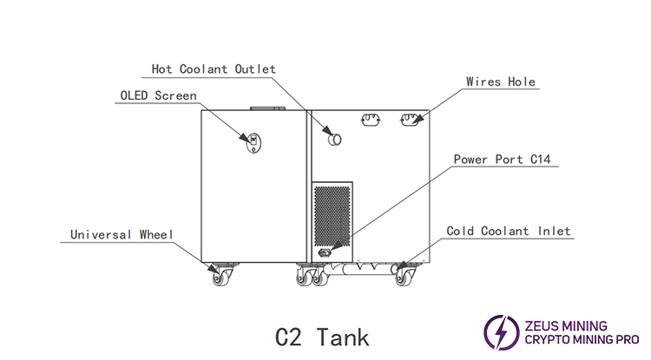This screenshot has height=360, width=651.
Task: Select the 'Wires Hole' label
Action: (x=500, y=82)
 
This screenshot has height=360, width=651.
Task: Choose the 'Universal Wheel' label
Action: (x=122, y=234)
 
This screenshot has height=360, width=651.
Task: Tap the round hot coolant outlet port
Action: (x=334, y=138)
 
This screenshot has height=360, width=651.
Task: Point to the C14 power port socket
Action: (x=325, y=252)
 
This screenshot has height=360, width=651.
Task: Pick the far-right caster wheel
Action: (x=404, y=277)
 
